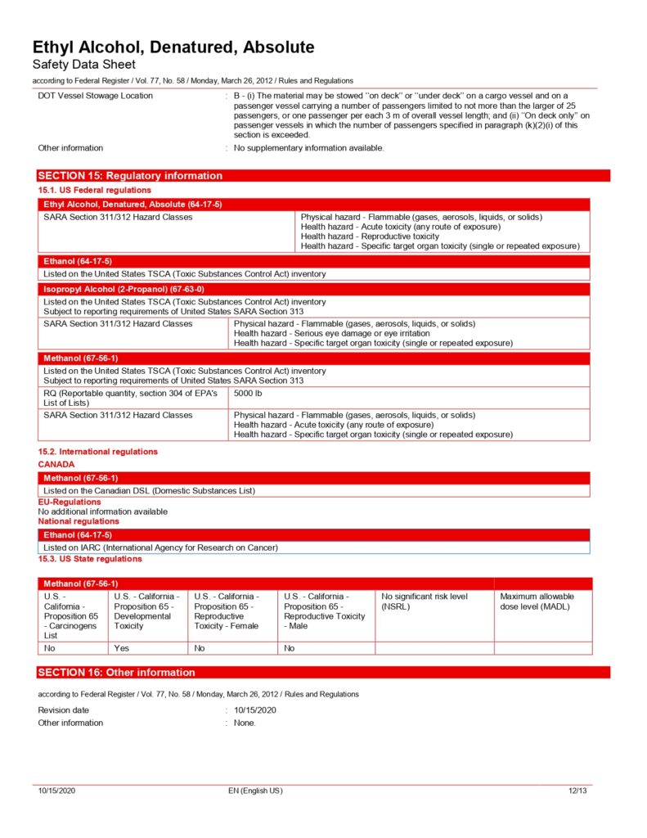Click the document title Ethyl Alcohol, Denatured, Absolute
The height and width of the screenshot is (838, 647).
[173, 47]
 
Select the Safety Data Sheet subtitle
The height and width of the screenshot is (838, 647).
[84, 65]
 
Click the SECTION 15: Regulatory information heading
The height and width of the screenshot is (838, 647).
[131, 176]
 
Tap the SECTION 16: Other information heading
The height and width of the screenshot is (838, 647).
[117, 673]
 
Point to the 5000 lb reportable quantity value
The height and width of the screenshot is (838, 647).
[249, 394]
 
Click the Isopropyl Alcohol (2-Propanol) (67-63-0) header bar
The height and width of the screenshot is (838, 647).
[124, 289]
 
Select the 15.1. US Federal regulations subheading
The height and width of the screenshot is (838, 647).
[83, 190]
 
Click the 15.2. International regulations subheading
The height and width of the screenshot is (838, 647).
[98, 452]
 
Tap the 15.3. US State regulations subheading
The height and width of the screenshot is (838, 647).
[90, 559]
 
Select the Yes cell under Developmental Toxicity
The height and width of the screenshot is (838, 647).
[122, 647]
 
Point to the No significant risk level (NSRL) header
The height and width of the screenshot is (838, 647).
[425, 601]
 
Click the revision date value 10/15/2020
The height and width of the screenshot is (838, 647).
[255, 710]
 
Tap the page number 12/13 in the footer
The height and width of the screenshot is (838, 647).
[577, 791]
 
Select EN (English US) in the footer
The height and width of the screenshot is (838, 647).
[255, 791]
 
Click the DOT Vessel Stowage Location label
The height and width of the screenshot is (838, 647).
[95, 96]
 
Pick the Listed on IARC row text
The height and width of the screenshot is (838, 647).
[160, 547]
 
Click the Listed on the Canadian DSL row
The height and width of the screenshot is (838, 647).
[149, 490]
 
